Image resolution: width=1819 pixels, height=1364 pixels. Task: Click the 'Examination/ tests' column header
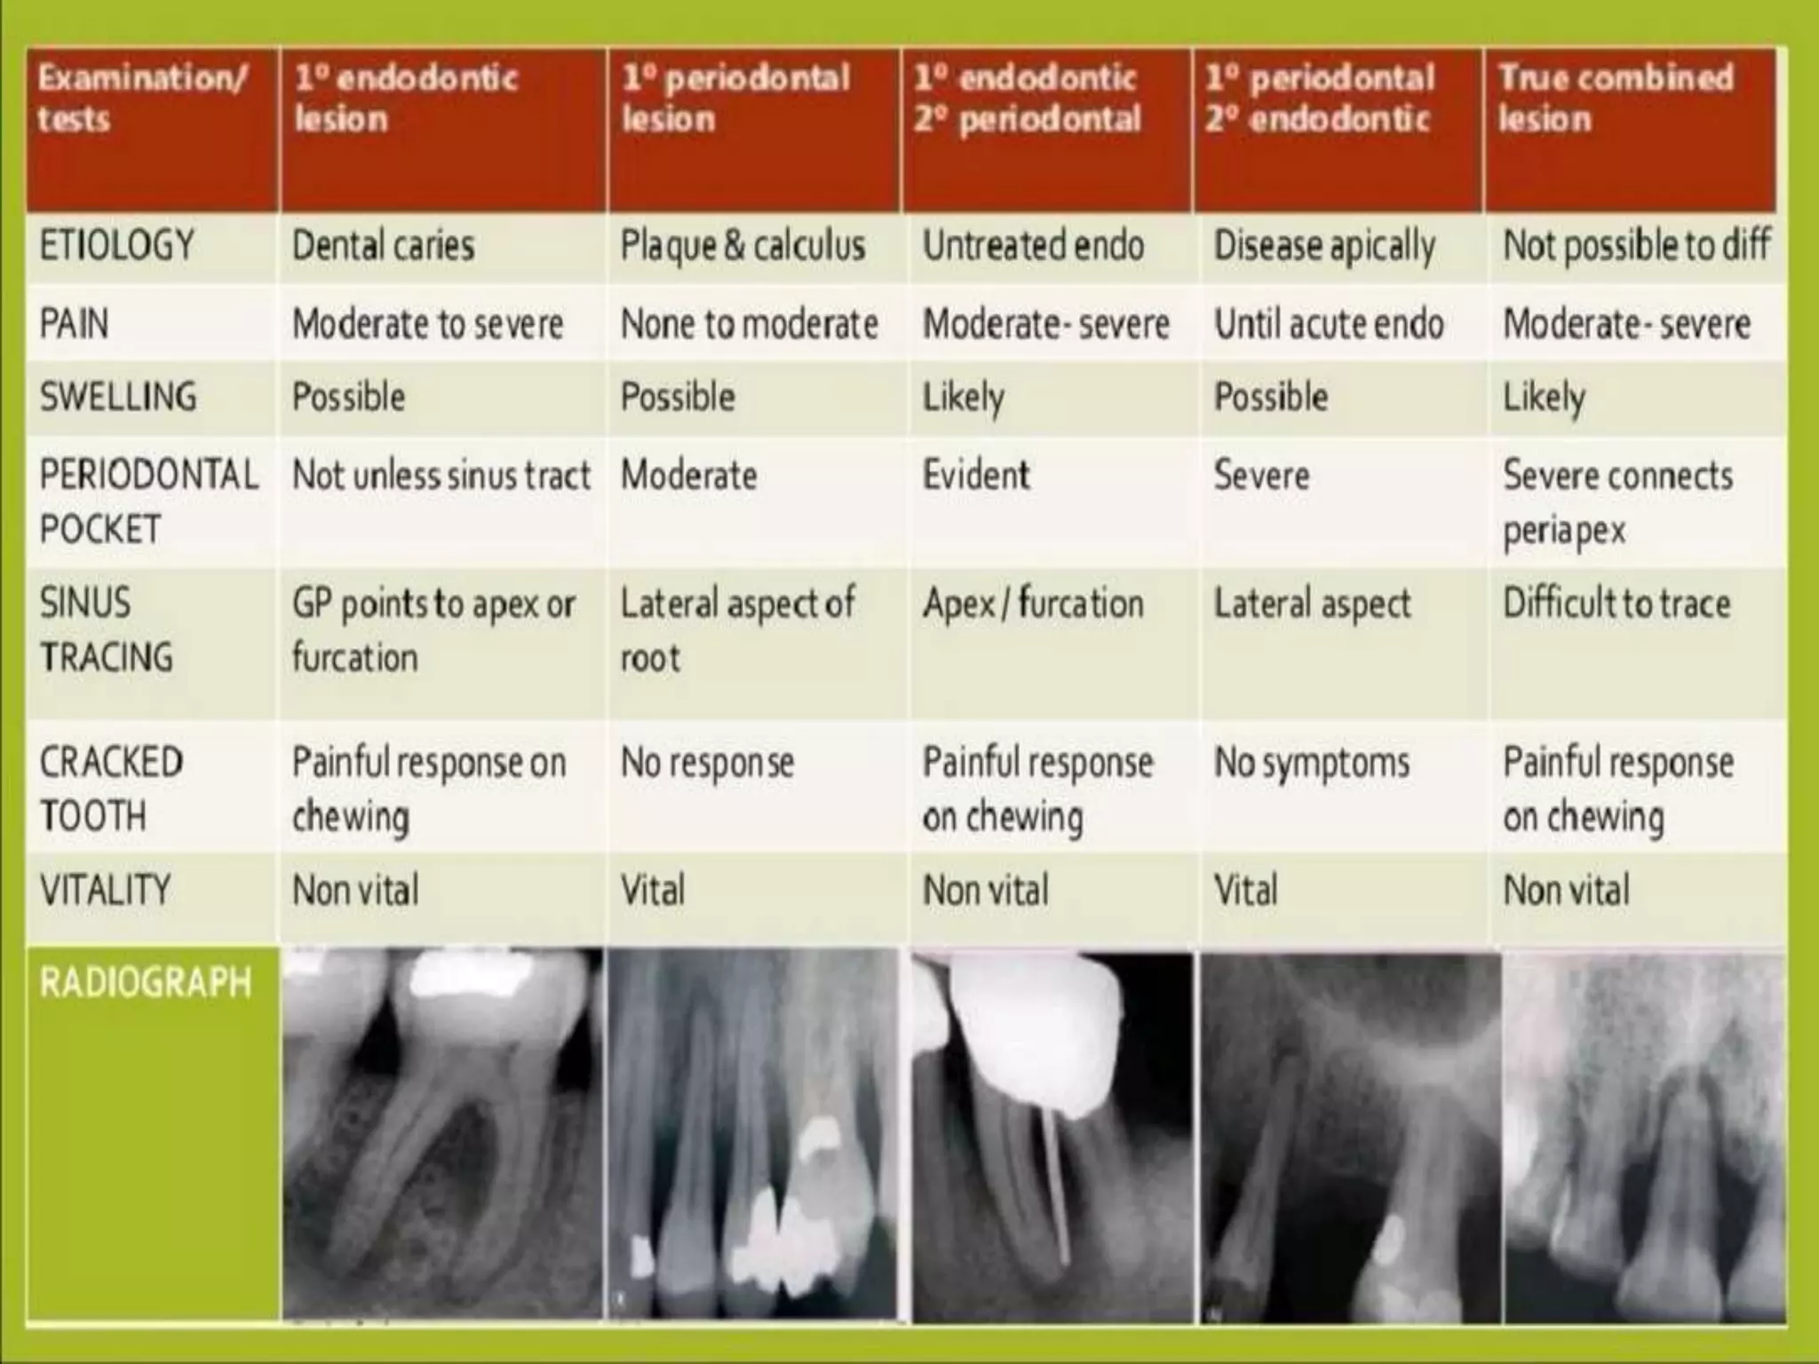point(142,99)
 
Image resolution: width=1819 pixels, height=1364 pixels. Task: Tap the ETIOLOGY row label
point(116,246)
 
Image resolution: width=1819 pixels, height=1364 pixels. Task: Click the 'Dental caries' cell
point(383,246)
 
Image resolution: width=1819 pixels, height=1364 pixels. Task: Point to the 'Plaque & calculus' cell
point(743,246)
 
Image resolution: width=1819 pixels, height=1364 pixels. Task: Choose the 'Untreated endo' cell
point(1033,246)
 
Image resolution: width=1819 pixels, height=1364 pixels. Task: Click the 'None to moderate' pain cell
point(749,324)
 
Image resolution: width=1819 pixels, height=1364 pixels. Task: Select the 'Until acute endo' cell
point(1328,324)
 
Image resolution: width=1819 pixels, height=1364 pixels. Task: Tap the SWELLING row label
point(118,397)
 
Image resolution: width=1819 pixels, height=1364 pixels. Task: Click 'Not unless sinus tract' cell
point(441,476)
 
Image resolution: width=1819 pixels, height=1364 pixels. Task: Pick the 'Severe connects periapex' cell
point(1616,503)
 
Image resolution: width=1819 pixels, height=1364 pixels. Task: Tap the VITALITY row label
point(105,890)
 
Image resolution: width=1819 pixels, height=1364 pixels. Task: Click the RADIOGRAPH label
point(146,983)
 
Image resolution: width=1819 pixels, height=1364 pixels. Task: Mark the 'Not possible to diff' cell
point(1636,246)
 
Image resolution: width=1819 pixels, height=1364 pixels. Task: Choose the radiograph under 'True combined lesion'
point(1643,1137)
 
